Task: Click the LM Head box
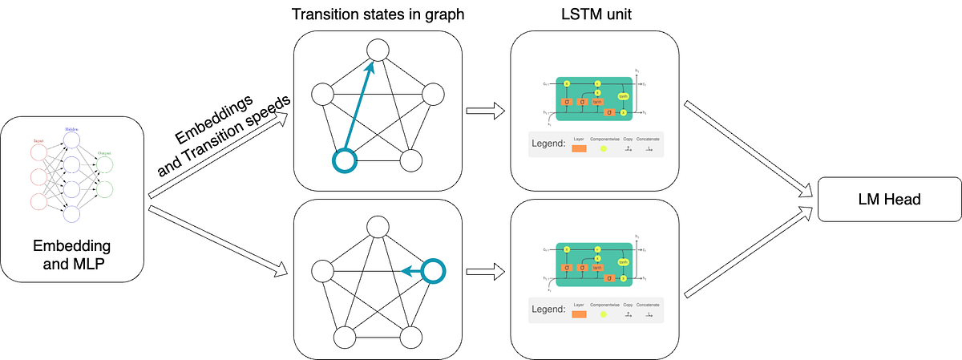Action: [888, 200]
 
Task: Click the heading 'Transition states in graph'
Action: [378, 15]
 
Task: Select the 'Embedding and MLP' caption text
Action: [72, 253]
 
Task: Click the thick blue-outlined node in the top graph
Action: [344, 160]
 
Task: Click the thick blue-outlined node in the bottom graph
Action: [434, 270]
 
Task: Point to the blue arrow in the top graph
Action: [358, 110]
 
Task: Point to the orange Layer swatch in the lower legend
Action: [580, 313]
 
